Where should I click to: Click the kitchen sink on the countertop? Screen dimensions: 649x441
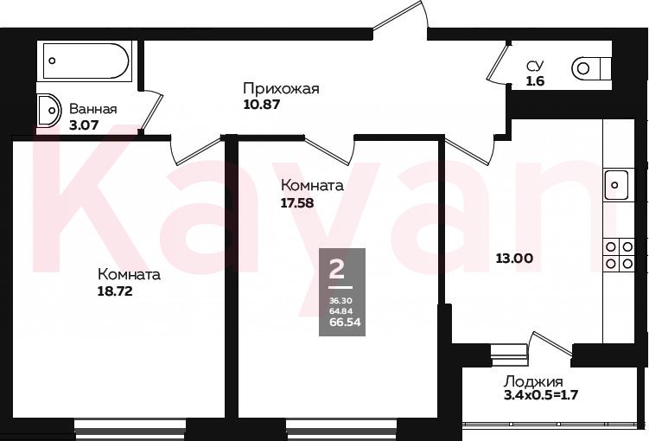pos(616,185)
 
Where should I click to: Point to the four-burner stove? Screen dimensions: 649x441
pos(620,255)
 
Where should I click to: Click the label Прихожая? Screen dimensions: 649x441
pos(281,89)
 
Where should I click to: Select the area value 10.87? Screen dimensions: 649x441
pos(262,105)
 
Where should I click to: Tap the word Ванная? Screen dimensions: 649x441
pos(93,109)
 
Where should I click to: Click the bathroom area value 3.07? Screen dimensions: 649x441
pos(84,125)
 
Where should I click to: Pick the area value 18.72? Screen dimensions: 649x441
pos(115,291)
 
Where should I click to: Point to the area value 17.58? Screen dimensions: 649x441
pos(297,203)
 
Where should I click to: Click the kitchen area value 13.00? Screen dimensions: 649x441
pos(514,259)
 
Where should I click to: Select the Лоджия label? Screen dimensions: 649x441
pos(533,381)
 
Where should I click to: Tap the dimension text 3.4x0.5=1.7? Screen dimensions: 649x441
pos(541,394)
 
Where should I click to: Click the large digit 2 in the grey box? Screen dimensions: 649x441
pos(336,269)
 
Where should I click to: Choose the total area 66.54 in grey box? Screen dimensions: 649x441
pos(345,323)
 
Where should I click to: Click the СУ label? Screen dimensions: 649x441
pos(535,66)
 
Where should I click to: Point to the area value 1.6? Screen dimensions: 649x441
pos(535,81)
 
